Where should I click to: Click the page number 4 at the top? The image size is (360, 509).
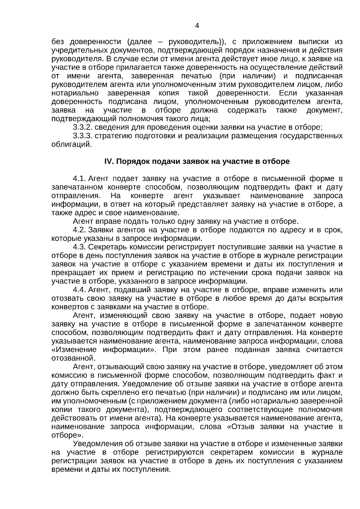click(197, 26)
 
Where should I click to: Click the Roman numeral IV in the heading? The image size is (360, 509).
click(108, 161)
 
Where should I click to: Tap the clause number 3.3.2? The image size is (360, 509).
click(82, 127)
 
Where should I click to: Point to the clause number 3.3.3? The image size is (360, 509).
click(82, 136)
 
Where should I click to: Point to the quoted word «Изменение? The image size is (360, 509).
click(74, 350)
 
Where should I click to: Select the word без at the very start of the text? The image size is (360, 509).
click(58, 42)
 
